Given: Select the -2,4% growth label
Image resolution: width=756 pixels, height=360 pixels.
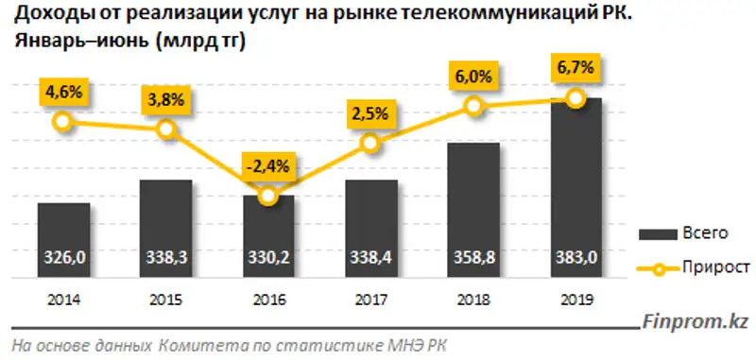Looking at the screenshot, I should [x=268, y=163].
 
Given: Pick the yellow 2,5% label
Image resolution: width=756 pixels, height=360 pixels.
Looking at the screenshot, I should [x=370, y=113].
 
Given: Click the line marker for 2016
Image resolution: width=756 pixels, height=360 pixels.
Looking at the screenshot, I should [x=268, y=196].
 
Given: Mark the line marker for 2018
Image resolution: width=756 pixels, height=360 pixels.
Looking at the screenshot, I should [x=473, y=108].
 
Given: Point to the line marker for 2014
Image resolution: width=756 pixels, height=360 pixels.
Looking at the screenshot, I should [x=63, y=121].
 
